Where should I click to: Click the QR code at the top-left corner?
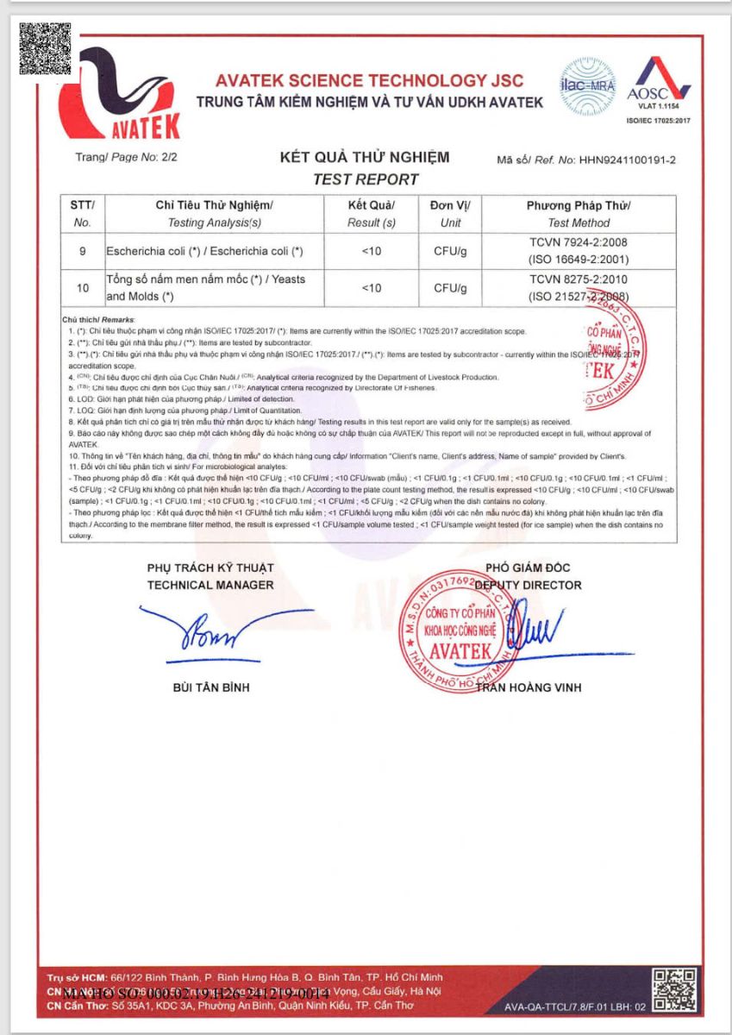point(45,47)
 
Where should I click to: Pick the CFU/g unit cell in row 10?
point(450,288)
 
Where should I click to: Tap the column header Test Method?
point(579,223)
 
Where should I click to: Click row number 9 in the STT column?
point(83,251)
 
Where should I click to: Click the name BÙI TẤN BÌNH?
point(211,687)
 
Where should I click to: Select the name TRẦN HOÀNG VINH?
point(529,687)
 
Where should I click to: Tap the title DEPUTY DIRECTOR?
point(529,585)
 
